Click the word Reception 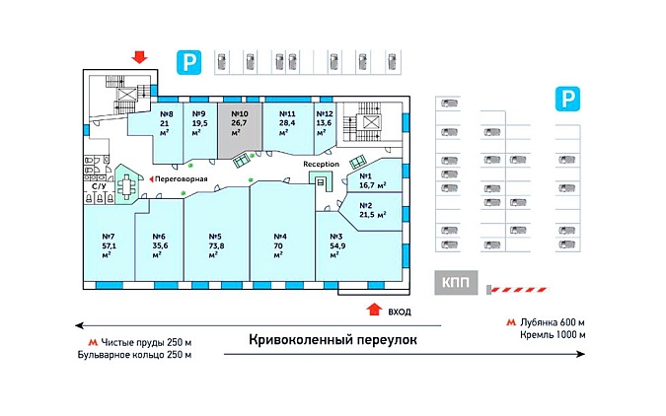coord(321,164)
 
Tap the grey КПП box coord(456,282)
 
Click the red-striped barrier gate coord(517,290)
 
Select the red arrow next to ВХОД coord(374,309)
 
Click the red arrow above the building coord(139,57)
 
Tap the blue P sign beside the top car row coord(189,63)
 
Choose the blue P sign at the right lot coord(567,99)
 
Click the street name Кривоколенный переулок coord(333,339)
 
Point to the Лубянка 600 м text coord(553,322)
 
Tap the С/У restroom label coord(99,186)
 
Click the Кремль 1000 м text coord(553,335)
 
